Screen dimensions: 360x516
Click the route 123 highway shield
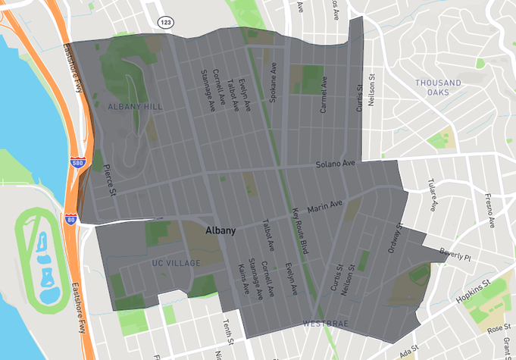click(165, 22)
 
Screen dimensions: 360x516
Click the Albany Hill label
click(135, 107)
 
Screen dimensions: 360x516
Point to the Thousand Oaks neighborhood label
click(438, 87)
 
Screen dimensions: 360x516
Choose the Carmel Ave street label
click(324, 94)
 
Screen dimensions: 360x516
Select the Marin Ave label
click(324, 203)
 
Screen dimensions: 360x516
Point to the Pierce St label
click(109, 180)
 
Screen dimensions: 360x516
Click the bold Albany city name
click(220, 230)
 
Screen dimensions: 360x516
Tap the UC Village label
click(176, 263)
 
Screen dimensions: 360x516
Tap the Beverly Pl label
click(455, 257)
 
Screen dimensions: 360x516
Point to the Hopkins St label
click(474, 292)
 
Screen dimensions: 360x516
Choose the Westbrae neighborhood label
click(326, 324)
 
